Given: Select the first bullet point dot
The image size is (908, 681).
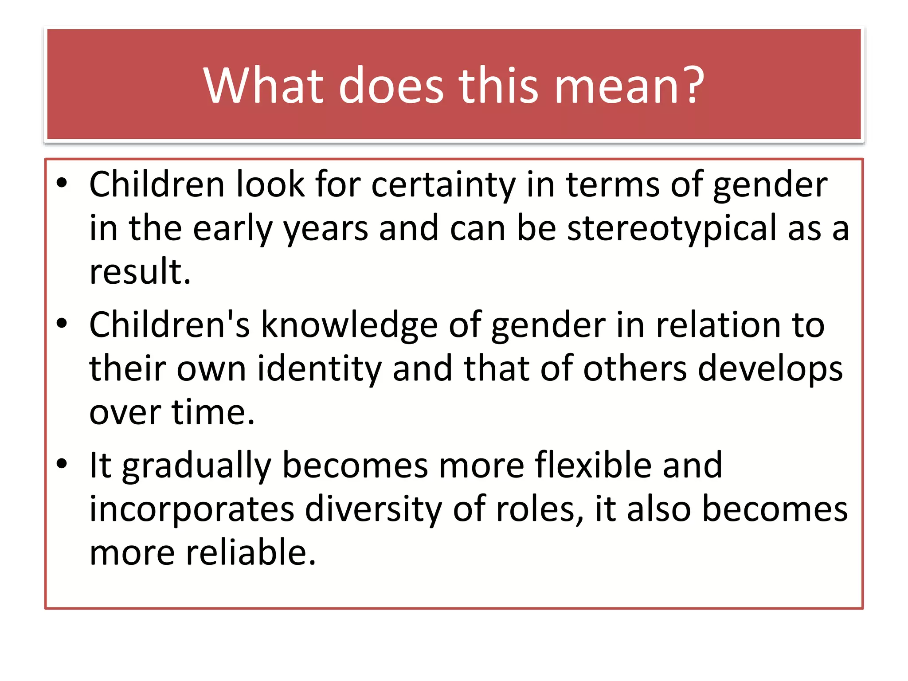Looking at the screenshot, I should (62, 183).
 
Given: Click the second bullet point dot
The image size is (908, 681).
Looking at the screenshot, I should (62, 324).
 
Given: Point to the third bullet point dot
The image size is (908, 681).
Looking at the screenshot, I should (62, 464).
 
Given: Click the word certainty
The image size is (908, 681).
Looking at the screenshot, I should (443, 185).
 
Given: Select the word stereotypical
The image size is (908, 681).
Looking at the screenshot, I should (672, 228).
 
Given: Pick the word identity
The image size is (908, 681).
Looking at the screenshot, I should (319, 369).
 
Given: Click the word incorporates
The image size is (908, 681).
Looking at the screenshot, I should (192, 509).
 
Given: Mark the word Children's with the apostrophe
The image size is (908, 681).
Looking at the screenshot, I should (169, 325).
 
